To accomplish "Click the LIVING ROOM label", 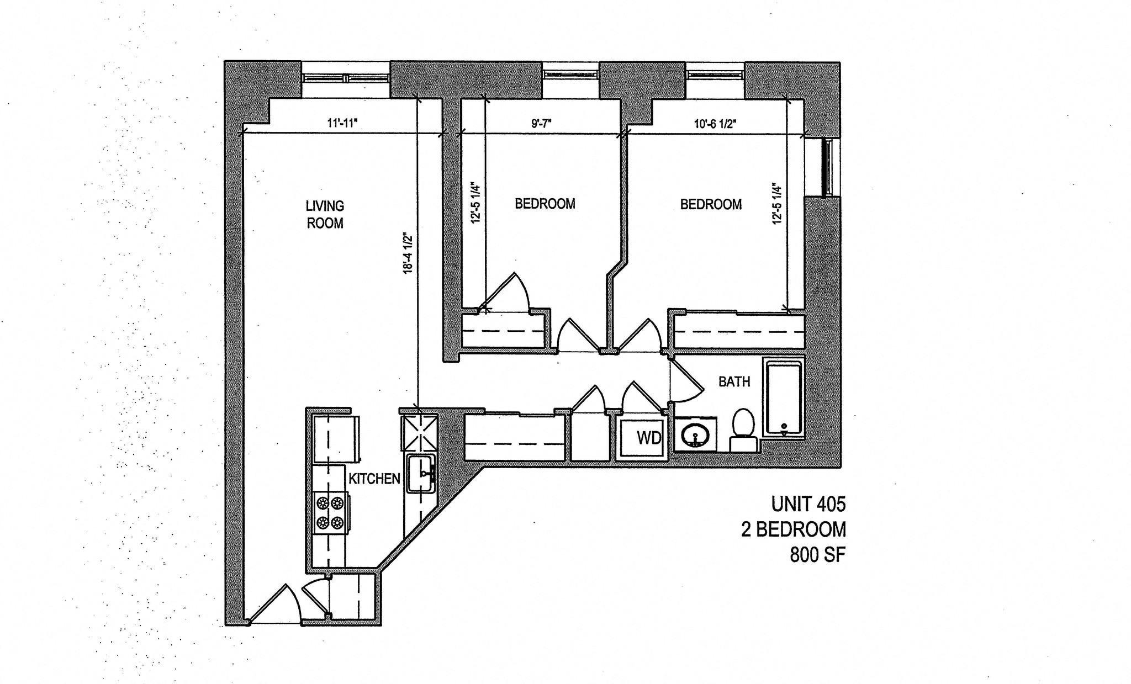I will point(325,214).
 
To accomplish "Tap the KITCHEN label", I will point(374,479).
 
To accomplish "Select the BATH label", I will point(734,381).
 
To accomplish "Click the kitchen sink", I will point(421,473).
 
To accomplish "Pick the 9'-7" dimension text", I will point(542,124).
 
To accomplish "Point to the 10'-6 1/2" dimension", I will point(716,124).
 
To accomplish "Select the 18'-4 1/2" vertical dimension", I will point(408,253).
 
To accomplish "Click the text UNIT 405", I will point(808,504).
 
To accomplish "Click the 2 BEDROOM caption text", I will point(793,529).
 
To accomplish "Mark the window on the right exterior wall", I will point(827,167).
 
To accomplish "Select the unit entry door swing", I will point(275,605).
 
